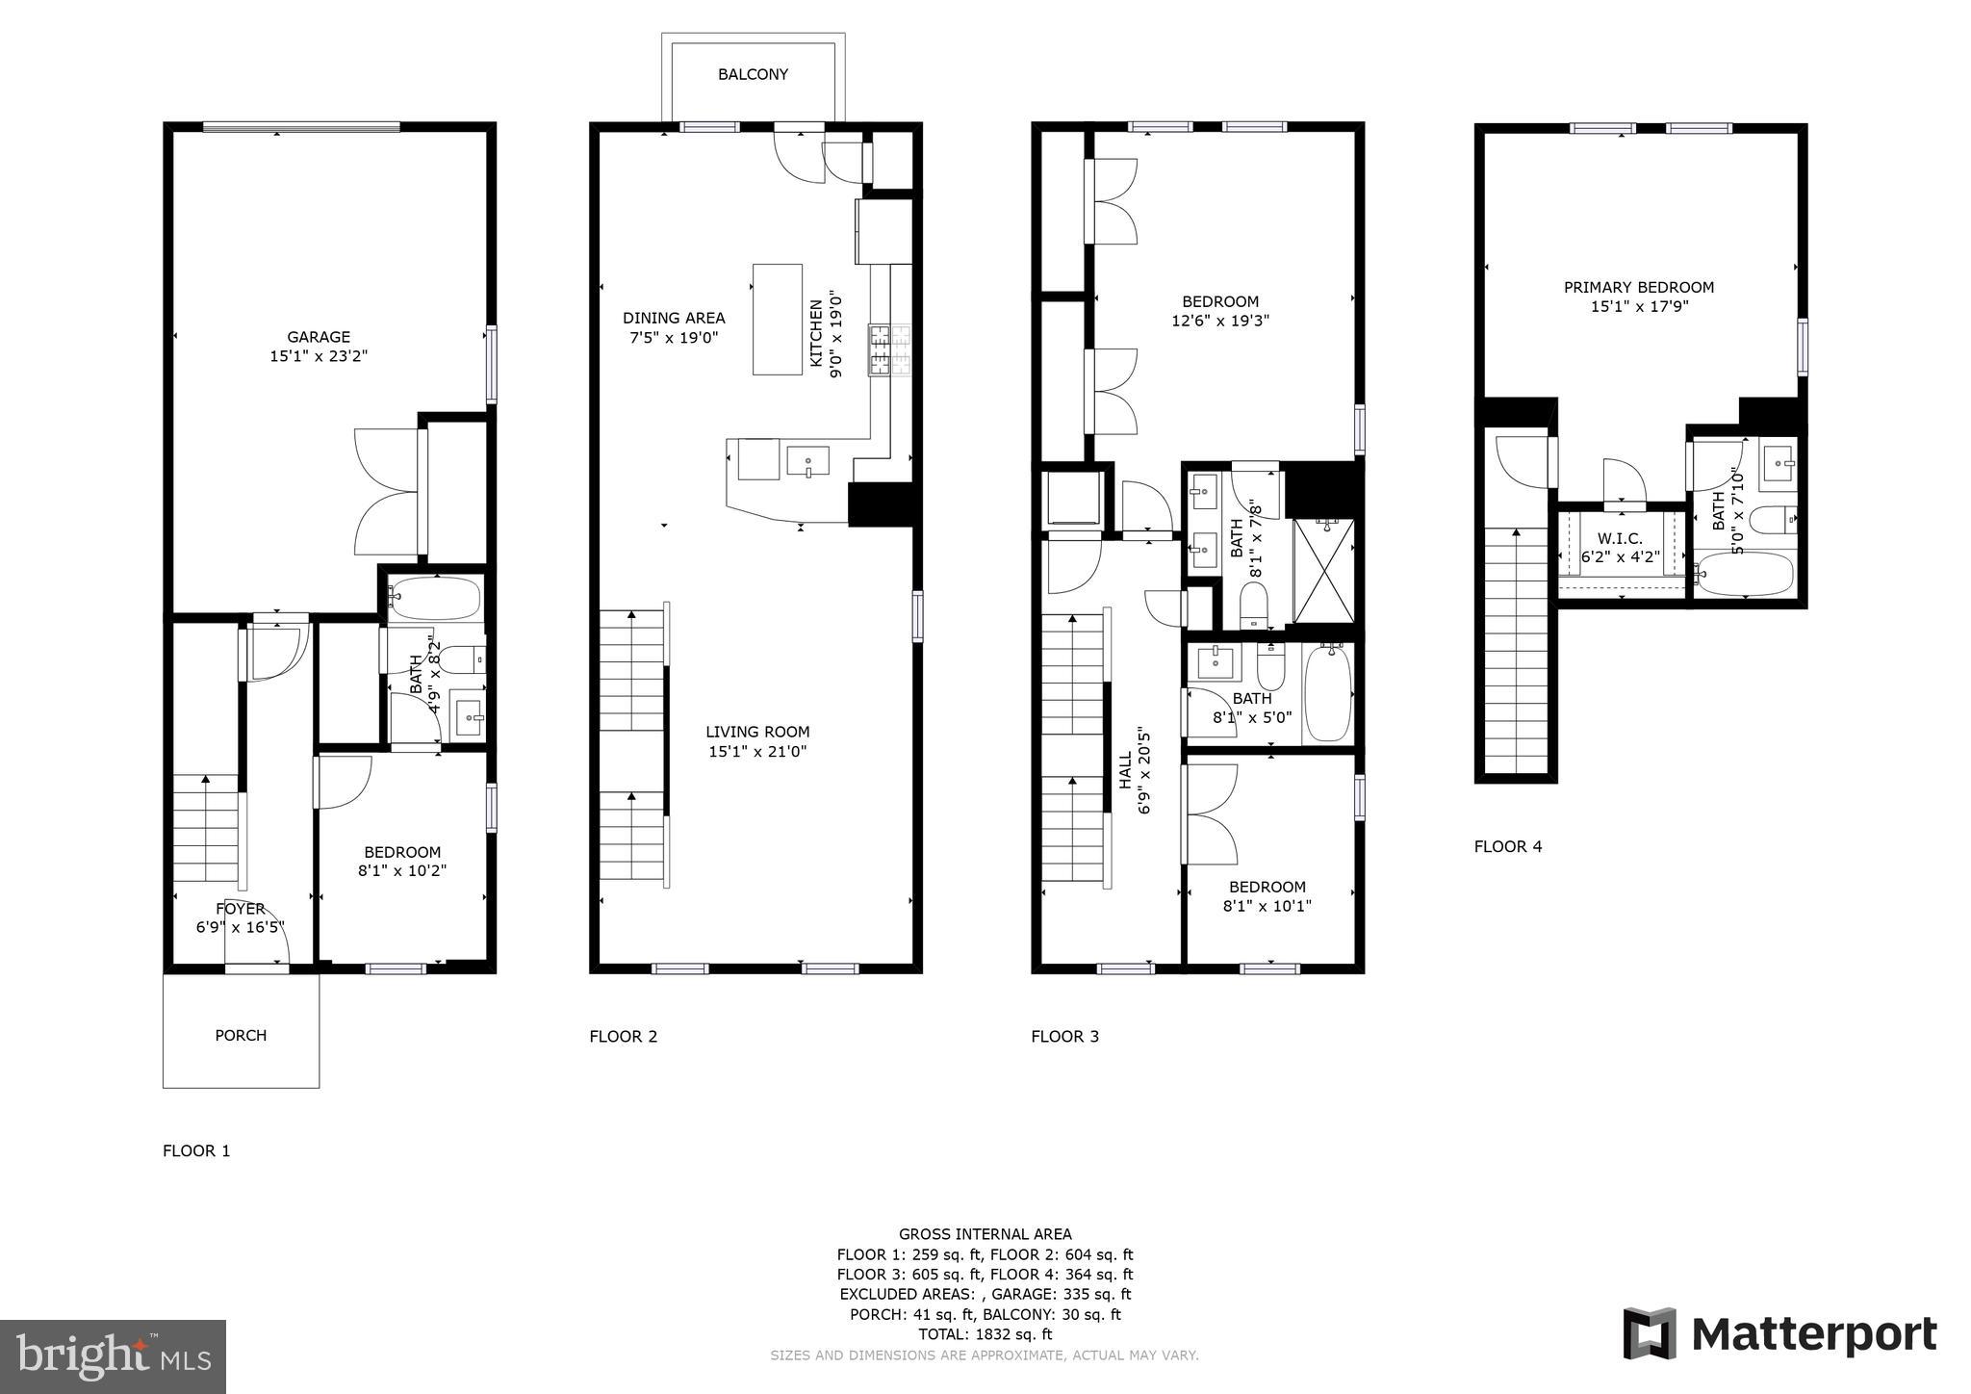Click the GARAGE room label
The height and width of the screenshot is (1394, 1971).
tap(319, 337)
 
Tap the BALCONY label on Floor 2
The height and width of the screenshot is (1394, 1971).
tap(753, 74)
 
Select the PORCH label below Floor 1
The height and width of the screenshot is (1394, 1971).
tap(241, 1035)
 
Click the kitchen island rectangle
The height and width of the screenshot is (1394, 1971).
tap(777, 319)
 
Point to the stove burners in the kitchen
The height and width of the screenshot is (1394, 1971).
tap(890, 350)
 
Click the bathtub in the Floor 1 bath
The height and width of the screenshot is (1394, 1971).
tap(435, 598)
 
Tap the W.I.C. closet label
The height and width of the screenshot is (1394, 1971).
tap(1620, 539)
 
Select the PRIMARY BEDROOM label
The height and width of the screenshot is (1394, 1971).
tap(1638, 287)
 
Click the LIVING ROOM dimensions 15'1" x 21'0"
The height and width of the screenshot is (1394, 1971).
tap(757, 752)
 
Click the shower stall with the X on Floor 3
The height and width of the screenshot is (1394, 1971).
tap(1323, 571)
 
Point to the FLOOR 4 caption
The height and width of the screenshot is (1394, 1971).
tap(1507, 846)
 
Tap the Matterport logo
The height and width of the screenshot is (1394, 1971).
tap(1779, 1334)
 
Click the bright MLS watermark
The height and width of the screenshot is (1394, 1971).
tap(114, 1357)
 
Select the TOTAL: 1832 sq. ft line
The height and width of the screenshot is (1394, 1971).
tap(985, 1334)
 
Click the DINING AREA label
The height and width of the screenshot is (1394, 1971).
tap(674, 318)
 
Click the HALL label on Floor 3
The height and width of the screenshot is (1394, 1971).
tap(1125, 770)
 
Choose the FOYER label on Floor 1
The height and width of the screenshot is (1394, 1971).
tap(240, 909)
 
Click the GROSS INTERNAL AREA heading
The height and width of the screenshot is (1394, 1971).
tap(985, 1234)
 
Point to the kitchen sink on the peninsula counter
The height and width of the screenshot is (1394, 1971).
tap(807, 461)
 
